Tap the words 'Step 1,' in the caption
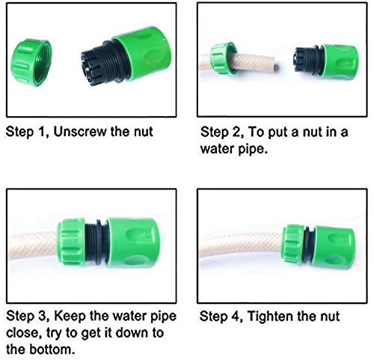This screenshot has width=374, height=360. (x=28, y=132)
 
